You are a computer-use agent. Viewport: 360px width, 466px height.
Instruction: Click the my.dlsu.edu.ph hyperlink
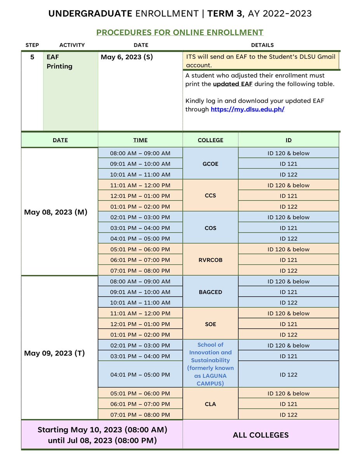pyautogui.click(x=247, y=109)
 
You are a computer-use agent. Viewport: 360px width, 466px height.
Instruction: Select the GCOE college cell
pyautogui.click(x=210, y=164)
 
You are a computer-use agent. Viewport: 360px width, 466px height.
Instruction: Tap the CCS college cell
pyautogui.click(x=210, y=196)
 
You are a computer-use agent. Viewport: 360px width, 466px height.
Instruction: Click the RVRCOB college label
pyautogui.click(x=210, y=260)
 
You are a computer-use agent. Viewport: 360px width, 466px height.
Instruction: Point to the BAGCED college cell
pyautogui.click(x=210, y=292)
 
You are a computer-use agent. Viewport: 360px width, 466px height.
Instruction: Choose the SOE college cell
pyautogui.click(x=210, y=324)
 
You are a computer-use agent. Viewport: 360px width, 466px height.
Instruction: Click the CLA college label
pyautogui.click(x=210, y=404)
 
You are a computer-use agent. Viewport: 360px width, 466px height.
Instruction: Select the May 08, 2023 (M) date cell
pyautogui.click(x=56, y=212)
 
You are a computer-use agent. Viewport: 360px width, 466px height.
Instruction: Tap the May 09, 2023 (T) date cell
pyautogui.click(x=54, y=353)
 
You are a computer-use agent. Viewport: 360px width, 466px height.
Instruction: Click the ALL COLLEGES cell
pyautogui.click(x=261, y=435)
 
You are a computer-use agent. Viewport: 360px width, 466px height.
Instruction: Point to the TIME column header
pyautogui.click(x=140, y=140)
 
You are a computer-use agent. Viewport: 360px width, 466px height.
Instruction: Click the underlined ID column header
pyautogui.click(x=289, y=140)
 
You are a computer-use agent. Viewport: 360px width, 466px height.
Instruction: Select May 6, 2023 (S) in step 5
pyautogui.click(x=127, y=57)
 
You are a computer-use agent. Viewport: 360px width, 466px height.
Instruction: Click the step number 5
pyautogui.click(x=32, y=57)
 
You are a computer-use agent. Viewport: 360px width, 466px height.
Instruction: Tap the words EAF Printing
pyautogui.click(x=59, y=62)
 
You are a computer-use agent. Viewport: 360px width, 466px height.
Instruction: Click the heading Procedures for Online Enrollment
pyautogui.click(x=180, y=33)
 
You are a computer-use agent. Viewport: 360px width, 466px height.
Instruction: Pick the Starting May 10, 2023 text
pyautogui.click(x=102, y=430)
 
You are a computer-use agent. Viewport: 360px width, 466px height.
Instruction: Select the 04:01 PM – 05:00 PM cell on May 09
pyautogui.click(x=140, y=375)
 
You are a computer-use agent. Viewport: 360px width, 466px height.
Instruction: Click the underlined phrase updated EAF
pyautogui.click(x=233, y=84)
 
